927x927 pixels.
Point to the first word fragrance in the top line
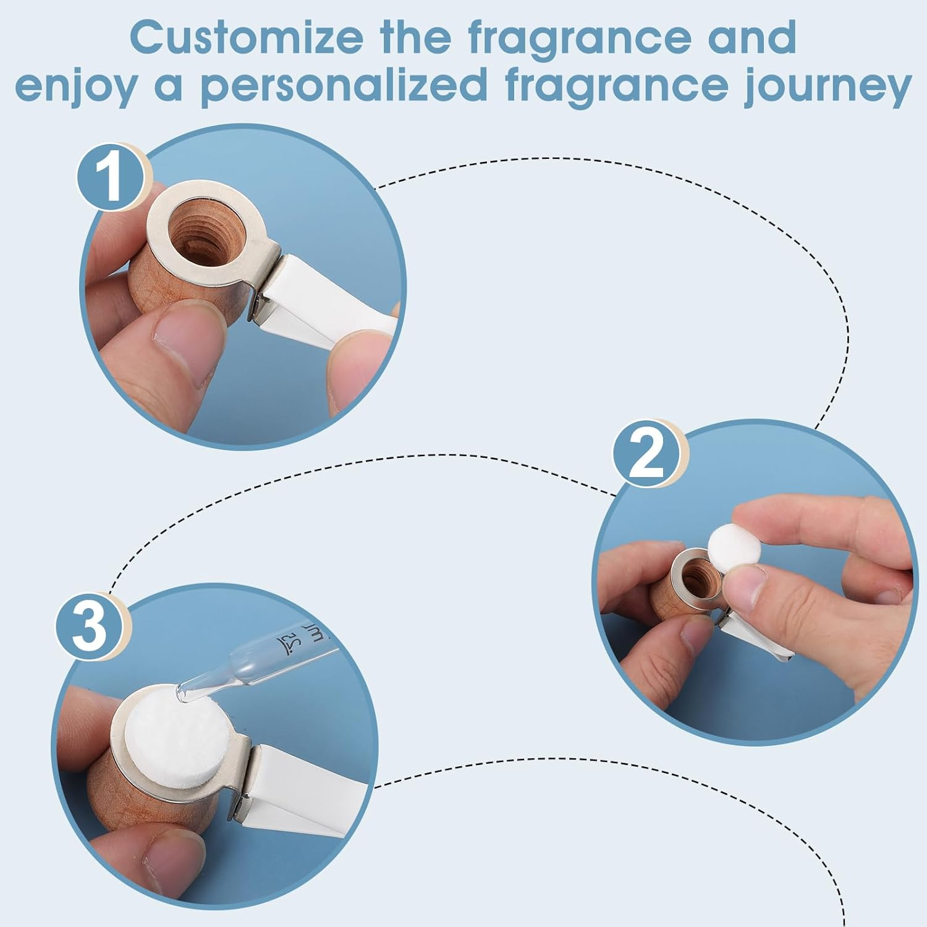coord(578,39)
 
